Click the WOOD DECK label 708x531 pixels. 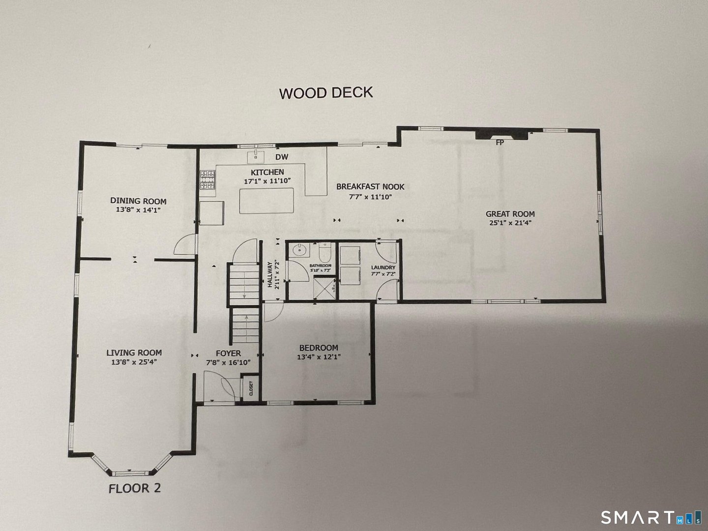(326, 92)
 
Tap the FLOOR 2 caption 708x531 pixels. (135, 488)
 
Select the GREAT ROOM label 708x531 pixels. (510, 214)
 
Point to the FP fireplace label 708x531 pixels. (500, 143)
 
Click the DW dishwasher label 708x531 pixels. (281, 157)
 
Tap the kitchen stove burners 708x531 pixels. (207, 180)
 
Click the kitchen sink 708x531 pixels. (255, 157)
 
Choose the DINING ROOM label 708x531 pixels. (138, 201)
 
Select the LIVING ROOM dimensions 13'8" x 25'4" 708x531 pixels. (134, 362)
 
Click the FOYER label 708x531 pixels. (228, 353)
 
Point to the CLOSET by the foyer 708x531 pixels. (251, 388)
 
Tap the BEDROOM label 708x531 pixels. (317, 348)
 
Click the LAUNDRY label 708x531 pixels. (383, 267)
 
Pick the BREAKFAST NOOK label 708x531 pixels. (370, 187)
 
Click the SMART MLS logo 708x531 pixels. (649, 518)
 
